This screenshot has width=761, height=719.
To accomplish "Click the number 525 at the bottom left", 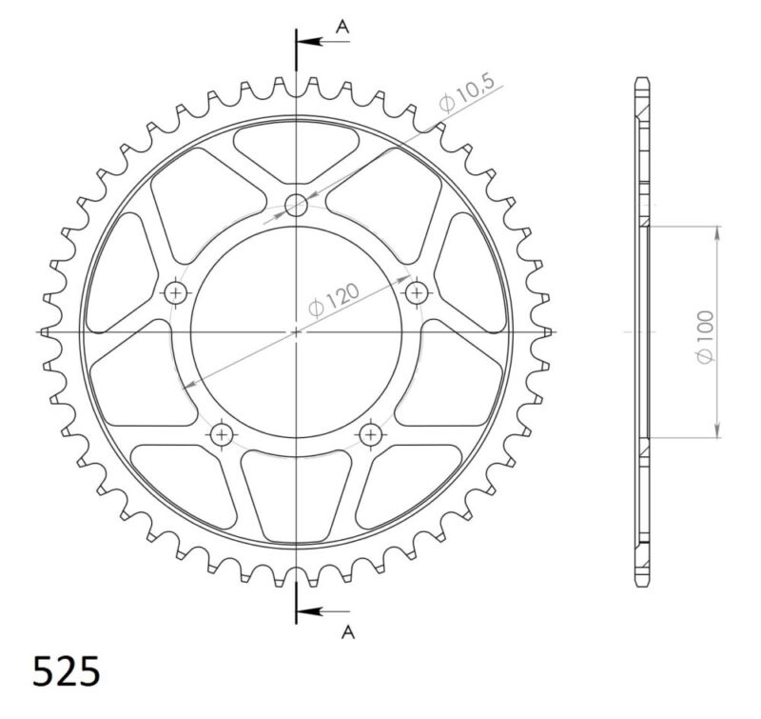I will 66,671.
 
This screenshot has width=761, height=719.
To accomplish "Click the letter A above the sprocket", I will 344,27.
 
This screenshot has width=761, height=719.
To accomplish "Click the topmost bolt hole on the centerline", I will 297,204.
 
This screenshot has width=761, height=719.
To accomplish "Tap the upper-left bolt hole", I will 176,291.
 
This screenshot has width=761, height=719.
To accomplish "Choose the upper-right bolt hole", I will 417,291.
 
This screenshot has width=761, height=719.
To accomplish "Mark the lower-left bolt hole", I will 223,434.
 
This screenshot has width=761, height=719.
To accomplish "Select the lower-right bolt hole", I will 370,434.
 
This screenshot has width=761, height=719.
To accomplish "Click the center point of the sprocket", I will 297,331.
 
